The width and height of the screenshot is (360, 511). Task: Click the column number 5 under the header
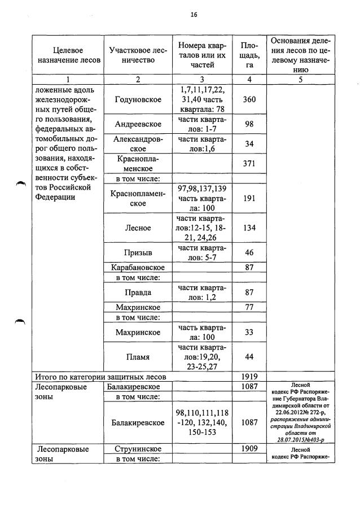pyautogui.click(x=301, y=80)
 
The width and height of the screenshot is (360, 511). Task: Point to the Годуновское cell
pyautogui.click(x=137, y=99)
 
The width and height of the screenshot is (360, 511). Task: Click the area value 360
pyautogui.click(x=249, y=99)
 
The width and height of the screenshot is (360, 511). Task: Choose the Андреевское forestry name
pyautogui.click(x=137, y=124)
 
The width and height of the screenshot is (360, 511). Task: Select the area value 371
pyautogui.click(x=249, y=164)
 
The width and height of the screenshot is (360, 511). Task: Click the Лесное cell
pyautogui.click(x=137, y=228)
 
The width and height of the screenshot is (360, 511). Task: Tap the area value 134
pyautogui.click(x=249, y=228)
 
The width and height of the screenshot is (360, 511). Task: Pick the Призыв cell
pyautogui.click(x=137, y=252)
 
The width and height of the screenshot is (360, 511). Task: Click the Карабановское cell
pyautogui.click(x=137, y=267)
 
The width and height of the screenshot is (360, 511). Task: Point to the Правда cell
pyautogui.click(x=137, y=292)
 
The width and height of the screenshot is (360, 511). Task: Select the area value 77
pyautogui.click(x=249, y=307)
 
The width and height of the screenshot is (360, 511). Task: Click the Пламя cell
pyautogui.click(x=137, y=357)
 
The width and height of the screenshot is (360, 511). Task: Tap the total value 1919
pyautogui.click(x=249, y=376)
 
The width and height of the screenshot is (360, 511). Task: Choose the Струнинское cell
pyautogui.click(x=137, y=449)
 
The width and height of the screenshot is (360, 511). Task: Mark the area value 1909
pyautogui.click(x=249, y=449)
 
